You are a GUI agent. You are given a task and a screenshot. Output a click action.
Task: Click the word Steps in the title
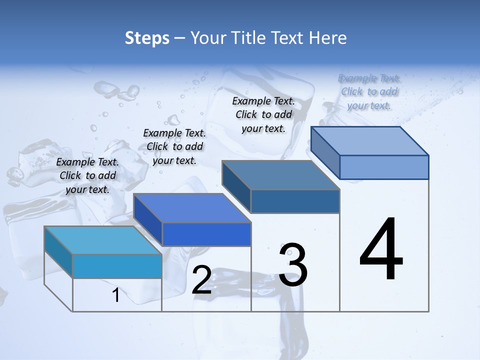pyautogui.click(x=147, y=38)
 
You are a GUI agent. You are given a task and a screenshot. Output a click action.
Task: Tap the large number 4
pyautogui.click(x=381, y=249)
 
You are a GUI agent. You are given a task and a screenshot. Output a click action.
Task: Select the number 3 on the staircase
pyautogui.click(x=293, y=265)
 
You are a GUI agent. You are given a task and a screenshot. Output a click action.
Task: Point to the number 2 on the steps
pyautogui.click(x=201, y=280)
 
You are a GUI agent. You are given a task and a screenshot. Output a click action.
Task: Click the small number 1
pyautogui.click(x=116, y=295)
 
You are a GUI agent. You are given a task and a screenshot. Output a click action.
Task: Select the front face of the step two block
pyautogui.click(x=206, y=234)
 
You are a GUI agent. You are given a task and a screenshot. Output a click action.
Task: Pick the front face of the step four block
pyautogui.click(x=384, y=167)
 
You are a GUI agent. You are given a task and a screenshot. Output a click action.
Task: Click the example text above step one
pyautogui.click(x=87, y=175)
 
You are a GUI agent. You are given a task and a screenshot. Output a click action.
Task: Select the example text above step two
pyautogui.click(x=174, y=146)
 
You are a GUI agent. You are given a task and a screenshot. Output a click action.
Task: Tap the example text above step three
pyautogui.click(x=263, y=114)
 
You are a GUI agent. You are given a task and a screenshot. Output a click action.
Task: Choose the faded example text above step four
pyautogui.click(x=369, y=91)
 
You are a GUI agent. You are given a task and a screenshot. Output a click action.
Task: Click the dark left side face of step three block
pyautogui.click(x=236, y=186)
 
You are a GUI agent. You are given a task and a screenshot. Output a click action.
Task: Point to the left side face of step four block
pyautogui.click(x=325, y=152)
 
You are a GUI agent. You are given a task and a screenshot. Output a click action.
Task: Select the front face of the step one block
pyautogui.click(x=117, y=266)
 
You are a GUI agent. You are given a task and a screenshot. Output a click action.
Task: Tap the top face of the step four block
pyautogui.click(x=370, y=140)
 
